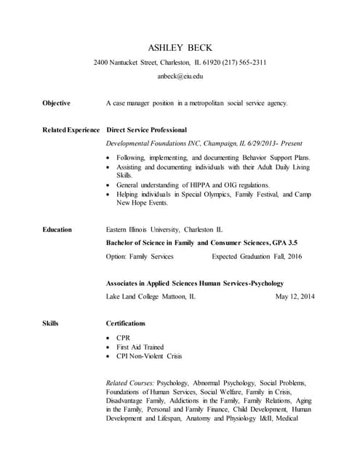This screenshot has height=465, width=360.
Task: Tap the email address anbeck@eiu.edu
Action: tap(180, 76)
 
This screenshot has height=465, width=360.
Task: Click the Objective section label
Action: tap(57, 103)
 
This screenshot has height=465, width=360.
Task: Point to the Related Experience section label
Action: tap(71, 130)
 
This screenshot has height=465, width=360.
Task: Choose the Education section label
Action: tap(57, 230)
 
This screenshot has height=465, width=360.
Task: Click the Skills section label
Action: tap(50, 323)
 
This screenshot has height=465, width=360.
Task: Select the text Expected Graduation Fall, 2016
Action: tap(256, 256)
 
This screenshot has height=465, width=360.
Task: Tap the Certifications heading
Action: tap(126, 323)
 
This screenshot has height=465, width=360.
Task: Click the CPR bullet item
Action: tap(124, 338)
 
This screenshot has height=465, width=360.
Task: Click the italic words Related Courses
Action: tap(129, 382)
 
